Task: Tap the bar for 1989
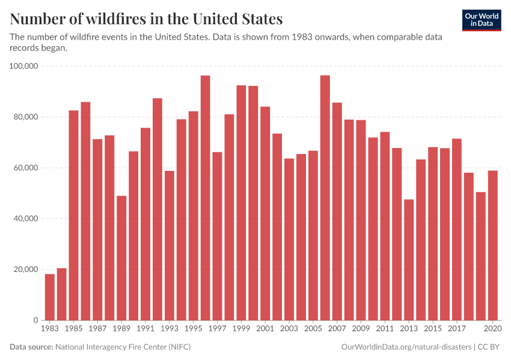[x=121, y=258]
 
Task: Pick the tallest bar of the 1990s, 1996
[x=205, y=198]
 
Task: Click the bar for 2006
[x=325, y=198]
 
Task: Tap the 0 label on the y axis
[x=35, y=320]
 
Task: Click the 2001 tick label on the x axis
[x=265, y=329]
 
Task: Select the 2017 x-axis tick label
[x=457, y=329]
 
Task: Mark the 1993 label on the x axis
[x=170, y=329]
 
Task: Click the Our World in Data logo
[x=481, y=20]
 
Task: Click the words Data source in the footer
[x=31, y=347]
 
